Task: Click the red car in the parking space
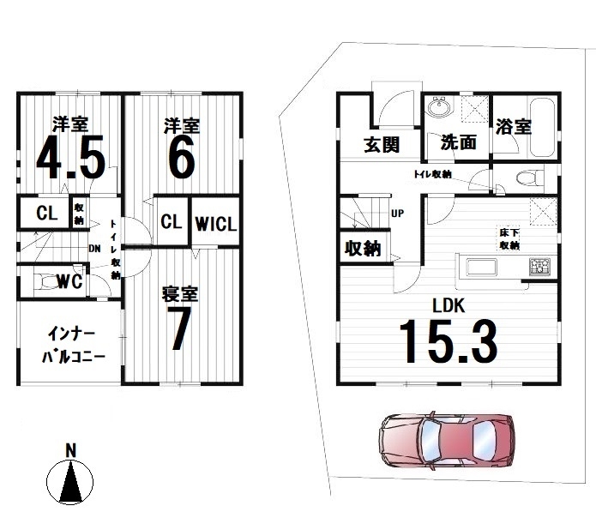[x=447, y=440]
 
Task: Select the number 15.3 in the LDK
[x=449, y=341]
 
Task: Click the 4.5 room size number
[x=70, y=157]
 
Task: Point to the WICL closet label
[x=216, y=223]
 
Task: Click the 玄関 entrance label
[x=382, y=144]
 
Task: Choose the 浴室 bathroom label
[x=514, y=127]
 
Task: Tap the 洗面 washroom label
[x=459, y=142]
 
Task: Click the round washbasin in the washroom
[x=440, y=105]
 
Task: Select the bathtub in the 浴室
[x=543, y=128]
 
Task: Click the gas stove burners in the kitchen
[x=539, y=265]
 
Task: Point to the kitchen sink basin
[x=481, y=267]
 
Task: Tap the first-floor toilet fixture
[x=530, y=178]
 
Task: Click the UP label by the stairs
[x=398, y=214]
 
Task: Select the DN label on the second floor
[x=94, y=249]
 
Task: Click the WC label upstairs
[x=70, y=281]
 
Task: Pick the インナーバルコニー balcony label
[x=73, y=346]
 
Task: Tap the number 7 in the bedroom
[x=181, y=328]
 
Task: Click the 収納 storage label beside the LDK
[x=363, y=249]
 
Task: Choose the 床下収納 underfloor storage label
[x=509, y=238]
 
